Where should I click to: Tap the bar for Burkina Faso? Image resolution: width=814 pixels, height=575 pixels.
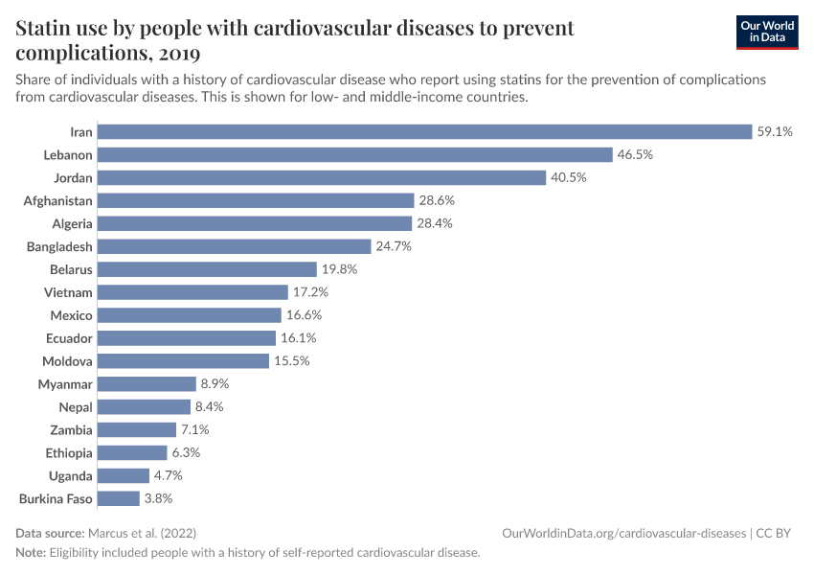pos(119,498)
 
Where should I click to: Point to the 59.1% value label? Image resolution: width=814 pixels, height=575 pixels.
pos(775,131)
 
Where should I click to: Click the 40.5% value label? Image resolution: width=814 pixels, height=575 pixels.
pos(568,177)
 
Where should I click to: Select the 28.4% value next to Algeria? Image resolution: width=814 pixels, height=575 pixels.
pos(435,223)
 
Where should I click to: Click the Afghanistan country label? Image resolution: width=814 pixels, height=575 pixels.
pos(57,200)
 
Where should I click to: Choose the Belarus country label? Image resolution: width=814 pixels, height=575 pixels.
pos(71,269)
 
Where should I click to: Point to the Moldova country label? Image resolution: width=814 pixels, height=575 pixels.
pos(67,361)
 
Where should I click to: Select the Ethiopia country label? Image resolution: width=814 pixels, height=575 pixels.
pos(68,452)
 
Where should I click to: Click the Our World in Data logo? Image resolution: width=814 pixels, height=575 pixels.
pos(766,32)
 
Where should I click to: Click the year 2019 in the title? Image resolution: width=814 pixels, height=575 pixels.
pos(175,52)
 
